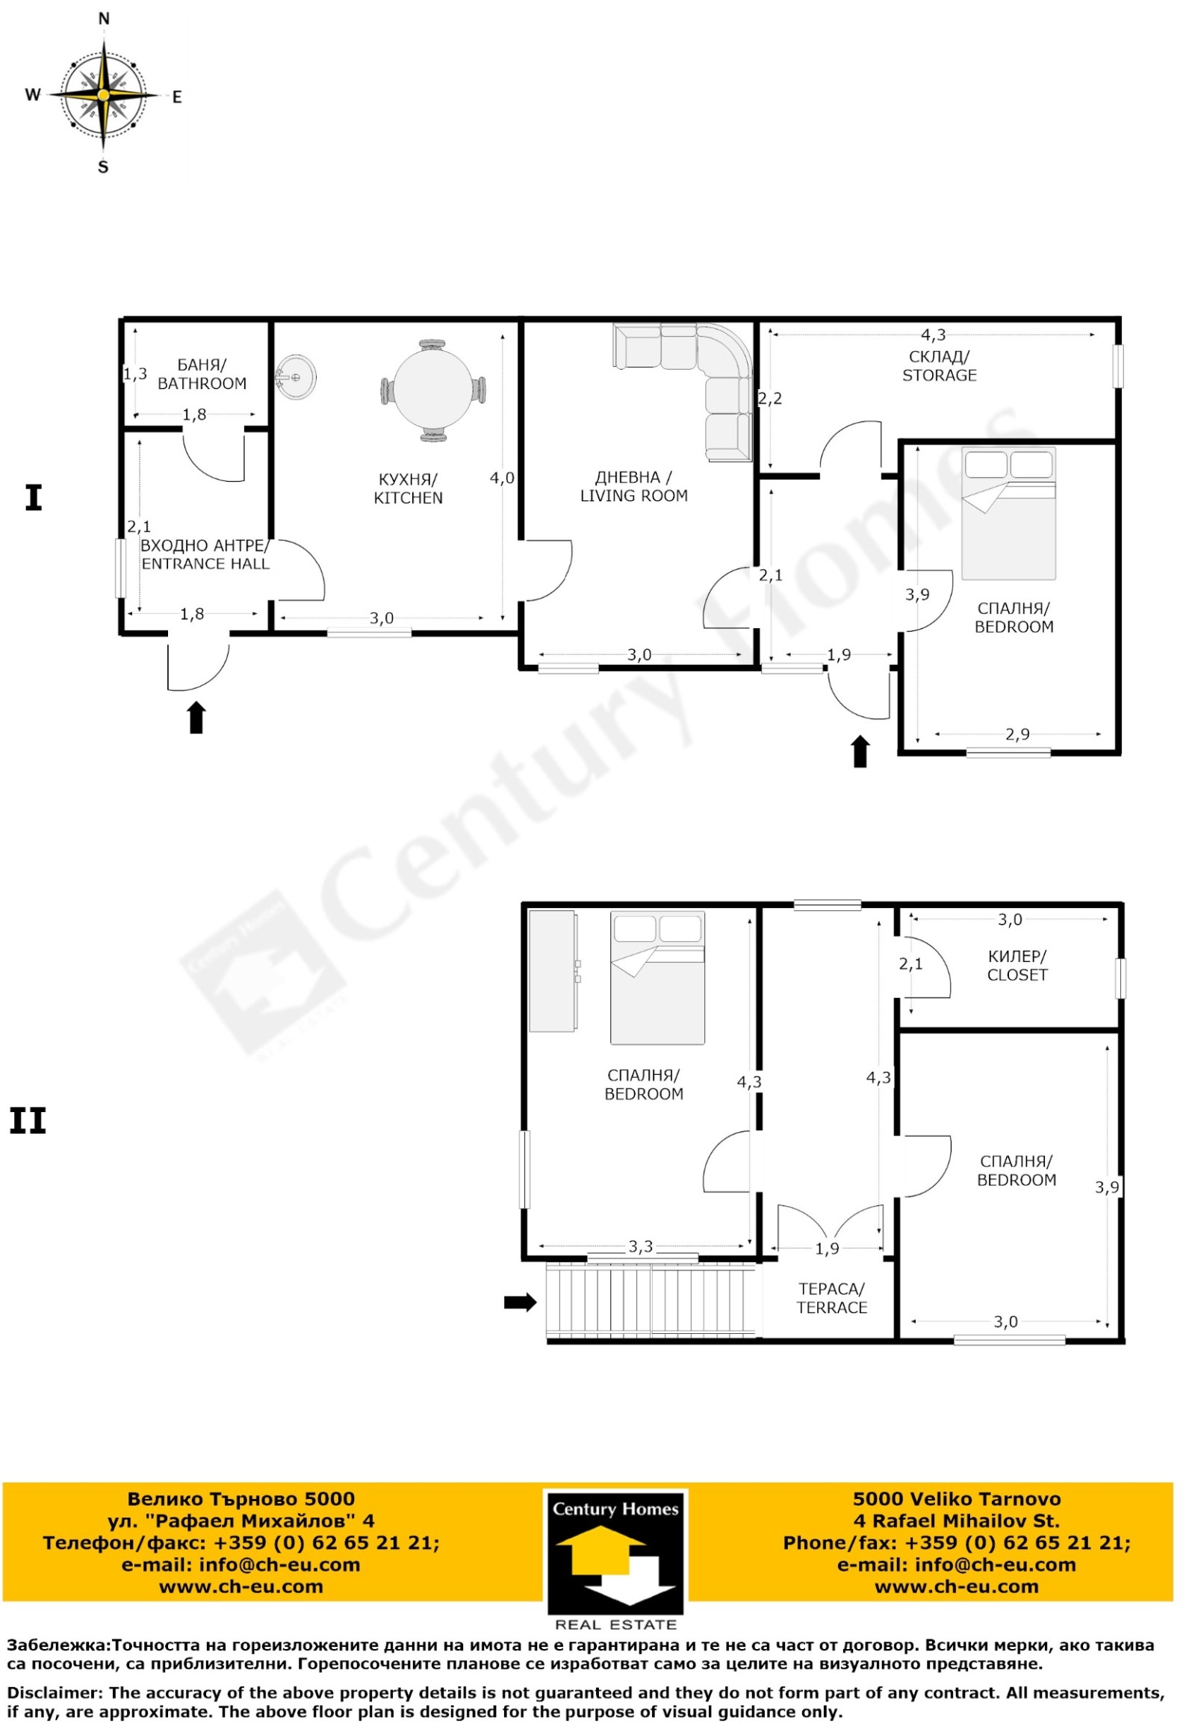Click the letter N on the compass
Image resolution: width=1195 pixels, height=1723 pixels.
click(x=104, y=19)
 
